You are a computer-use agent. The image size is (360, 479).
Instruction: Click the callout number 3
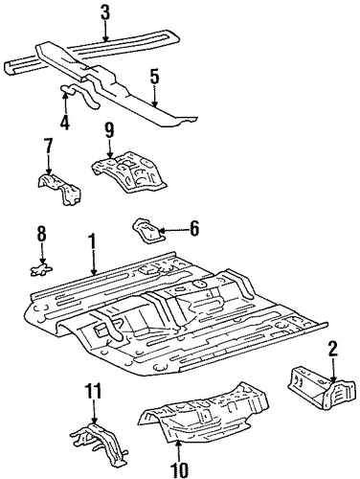click(105, 12)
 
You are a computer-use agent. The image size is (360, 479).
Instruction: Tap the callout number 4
click(65, 122)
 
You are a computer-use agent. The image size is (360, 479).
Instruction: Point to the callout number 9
click(109, 130)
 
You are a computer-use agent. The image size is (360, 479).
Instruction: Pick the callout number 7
click(48, 147)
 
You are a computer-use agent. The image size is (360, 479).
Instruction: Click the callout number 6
click(194, 228)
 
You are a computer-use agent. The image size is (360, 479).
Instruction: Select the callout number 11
click(93, 391)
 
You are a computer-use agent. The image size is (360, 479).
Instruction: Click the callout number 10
click(178, 469)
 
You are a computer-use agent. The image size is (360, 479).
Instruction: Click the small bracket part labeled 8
click(41, 270)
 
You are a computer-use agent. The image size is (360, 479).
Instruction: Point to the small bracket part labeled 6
click(148, 230)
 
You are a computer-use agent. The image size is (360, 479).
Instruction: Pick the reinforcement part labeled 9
click(129, 171)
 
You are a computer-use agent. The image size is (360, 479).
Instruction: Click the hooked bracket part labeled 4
click(79, 95)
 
